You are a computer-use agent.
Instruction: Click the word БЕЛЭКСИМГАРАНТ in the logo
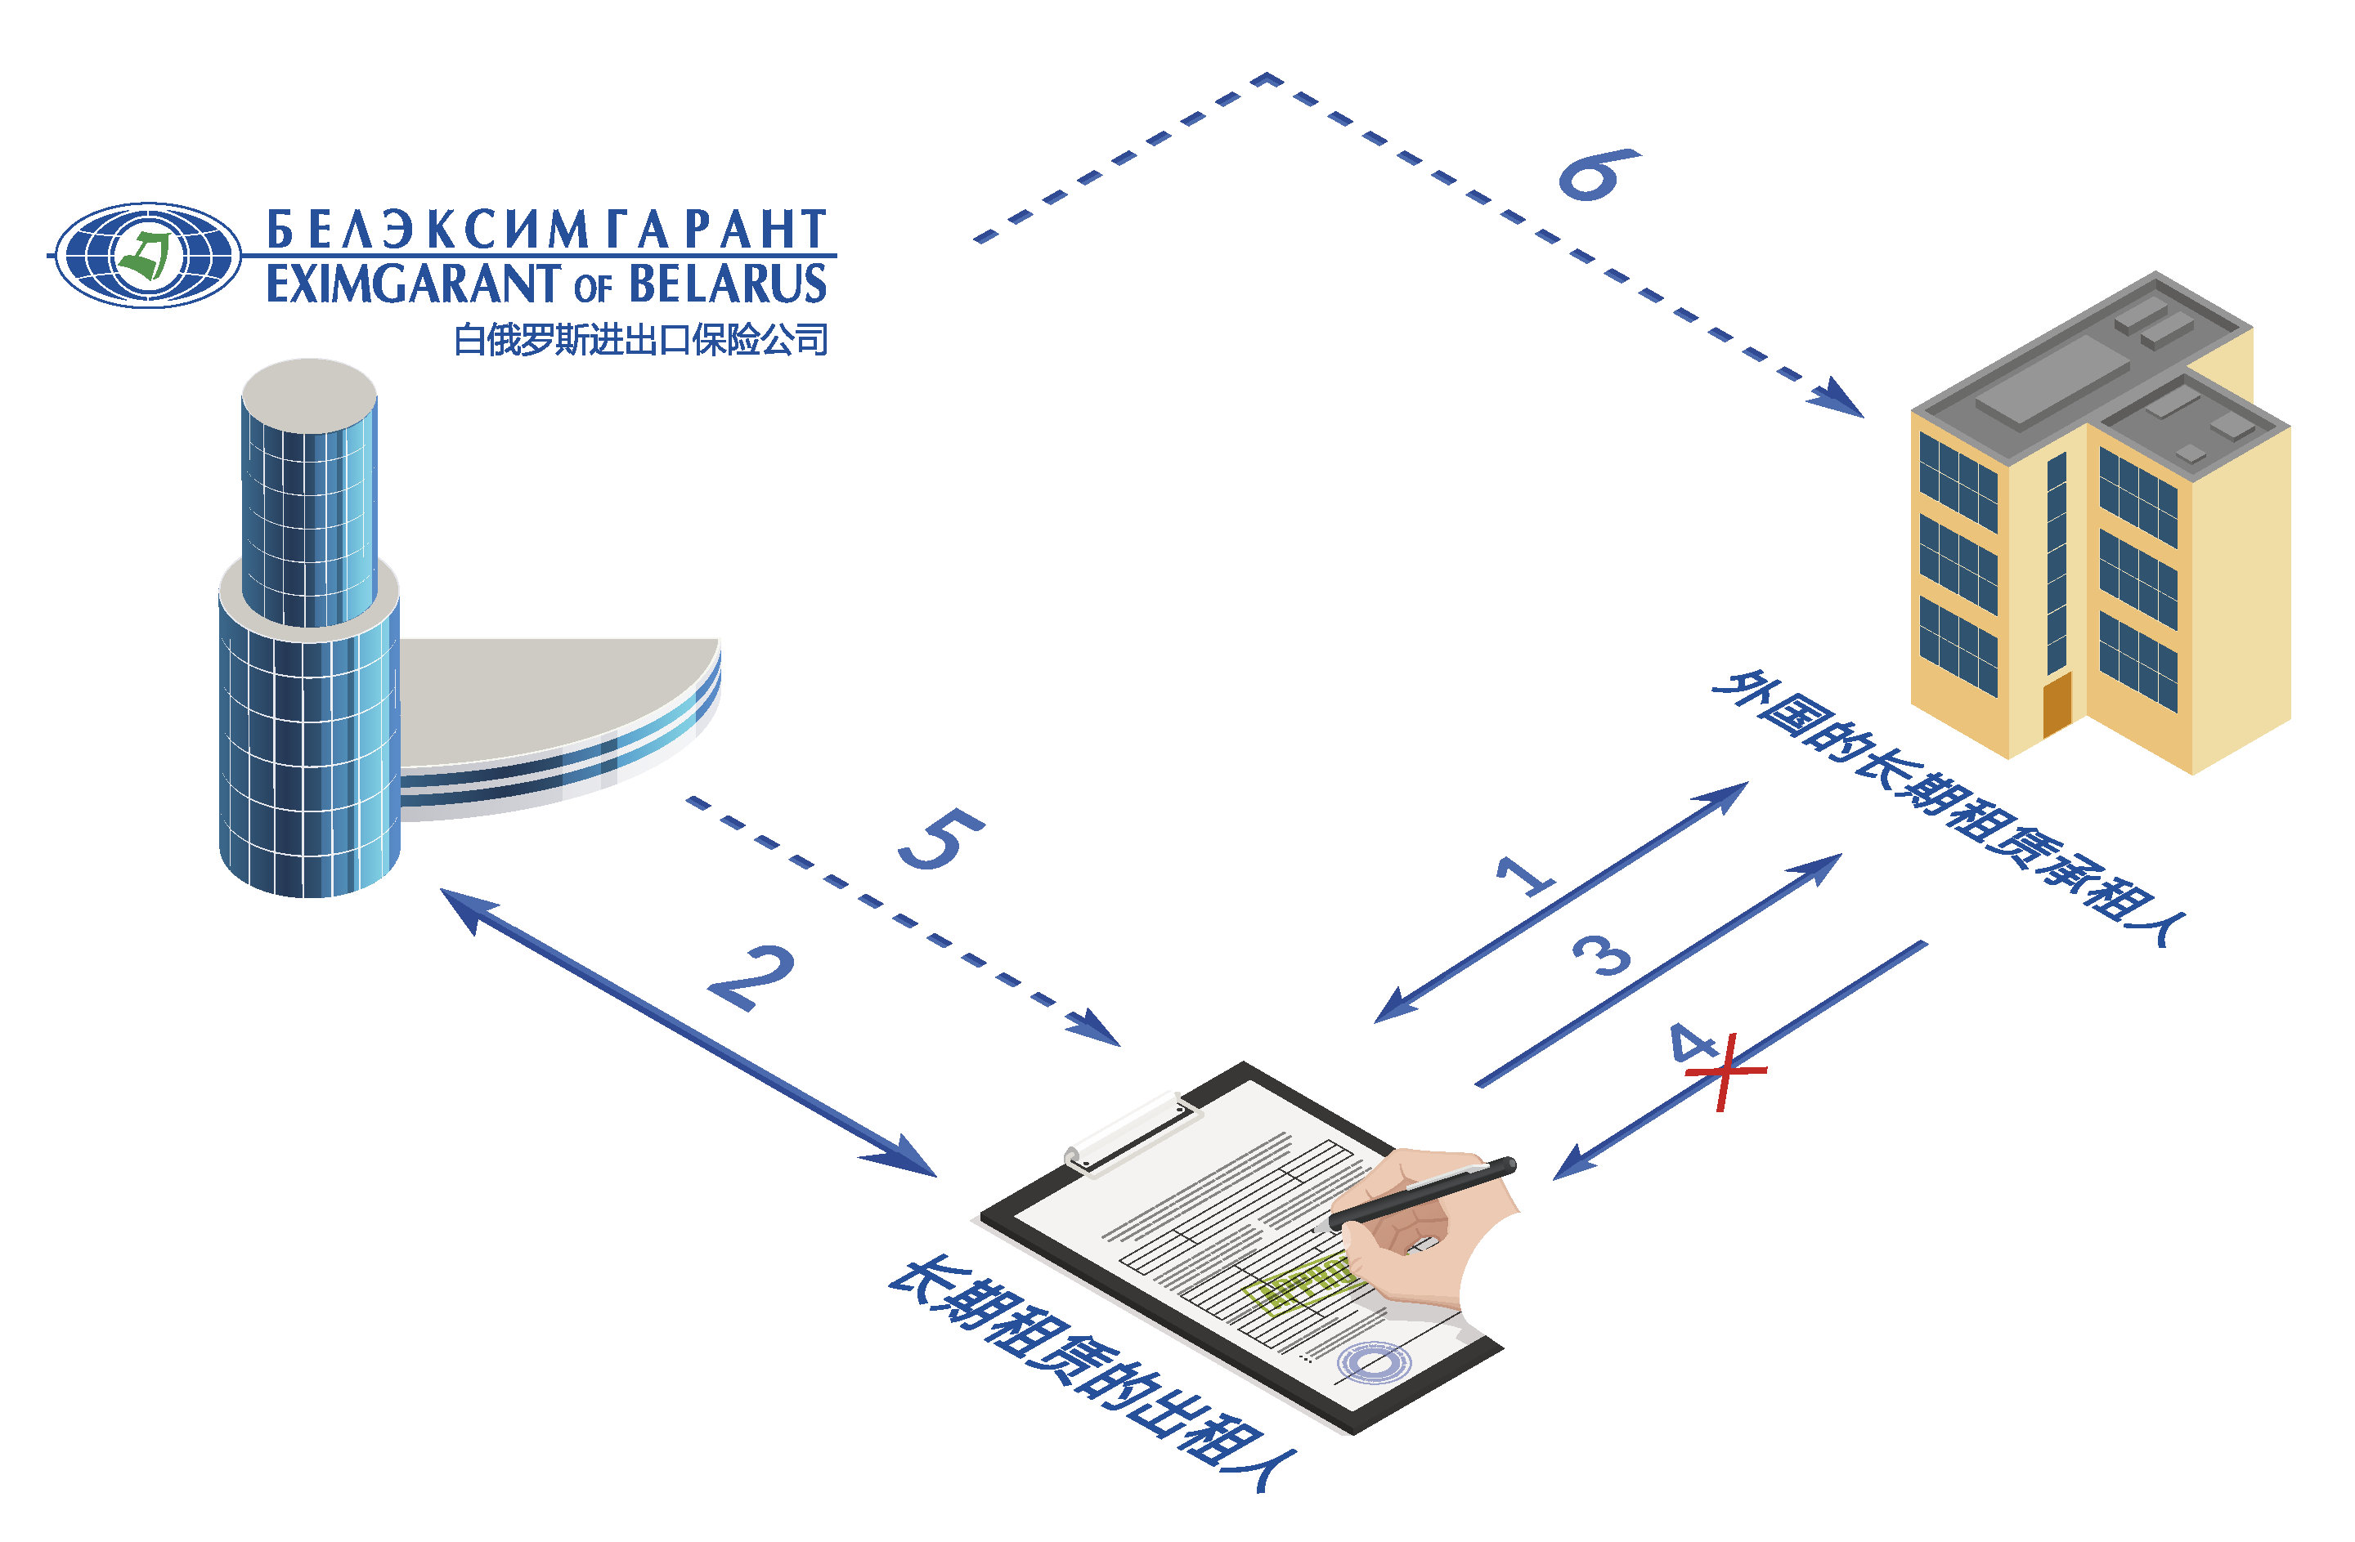point(546,230)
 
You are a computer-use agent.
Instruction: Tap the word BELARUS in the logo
point(727,284)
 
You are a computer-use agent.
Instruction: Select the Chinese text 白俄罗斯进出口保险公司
point(640,340)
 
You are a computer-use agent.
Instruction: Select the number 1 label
point(1525,874)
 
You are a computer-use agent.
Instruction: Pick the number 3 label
point(1602,954)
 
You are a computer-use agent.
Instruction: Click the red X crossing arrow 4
point(1725,1071)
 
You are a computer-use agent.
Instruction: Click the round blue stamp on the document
point(1374,1363)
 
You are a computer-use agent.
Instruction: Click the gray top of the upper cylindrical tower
point(309,394)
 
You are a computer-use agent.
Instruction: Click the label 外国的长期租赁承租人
point(1949,806)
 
